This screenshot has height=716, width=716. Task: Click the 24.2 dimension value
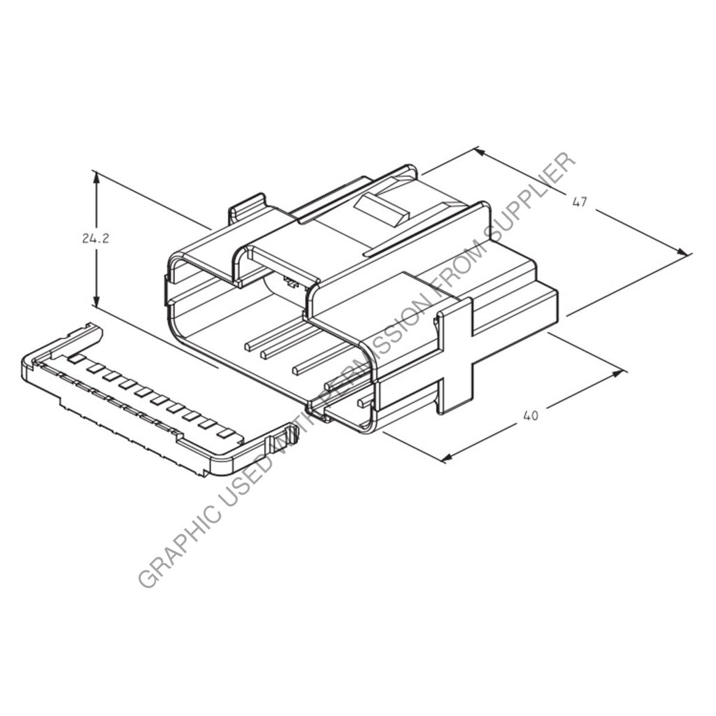pos(95,238)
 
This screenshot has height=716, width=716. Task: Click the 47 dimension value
pos(579,202)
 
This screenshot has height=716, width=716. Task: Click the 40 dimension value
pos(531,415)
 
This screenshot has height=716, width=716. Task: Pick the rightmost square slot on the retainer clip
pos(225,433)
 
